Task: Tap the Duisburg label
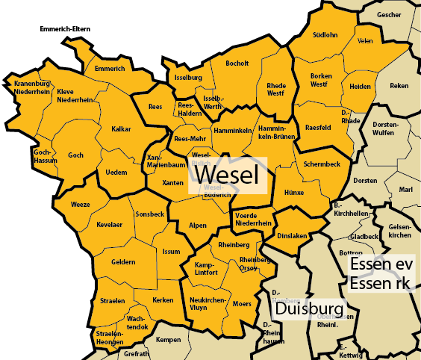(x=308, y=308)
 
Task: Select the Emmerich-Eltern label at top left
(x=66, y=30)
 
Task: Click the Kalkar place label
(x=121, y=129)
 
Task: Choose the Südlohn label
(x=325, y=34)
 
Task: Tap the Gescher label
(x=389, y=14)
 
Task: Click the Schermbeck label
(x=322, y=164)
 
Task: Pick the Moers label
(x=243, y=304)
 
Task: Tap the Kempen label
(x=168, y=340)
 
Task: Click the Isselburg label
(x=188, y=77)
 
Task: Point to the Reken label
(x=399, y=86)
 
